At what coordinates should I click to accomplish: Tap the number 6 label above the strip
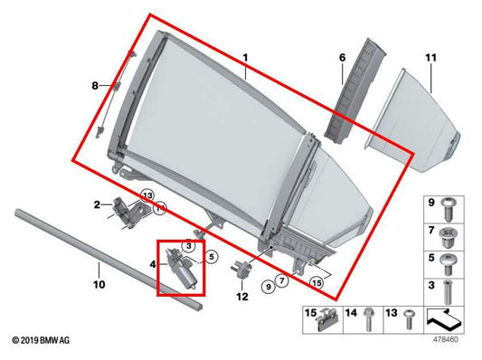click(343, 57)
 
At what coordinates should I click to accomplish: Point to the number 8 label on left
click(94, 86)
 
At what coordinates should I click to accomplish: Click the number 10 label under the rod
click(99, 284)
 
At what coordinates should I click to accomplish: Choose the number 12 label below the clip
click(241, 296)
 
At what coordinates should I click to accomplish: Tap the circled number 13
click(147, 196)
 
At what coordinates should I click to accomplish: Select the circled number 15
click(316, 283)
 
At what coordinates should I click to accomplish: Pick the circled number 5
click(211, 257)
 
